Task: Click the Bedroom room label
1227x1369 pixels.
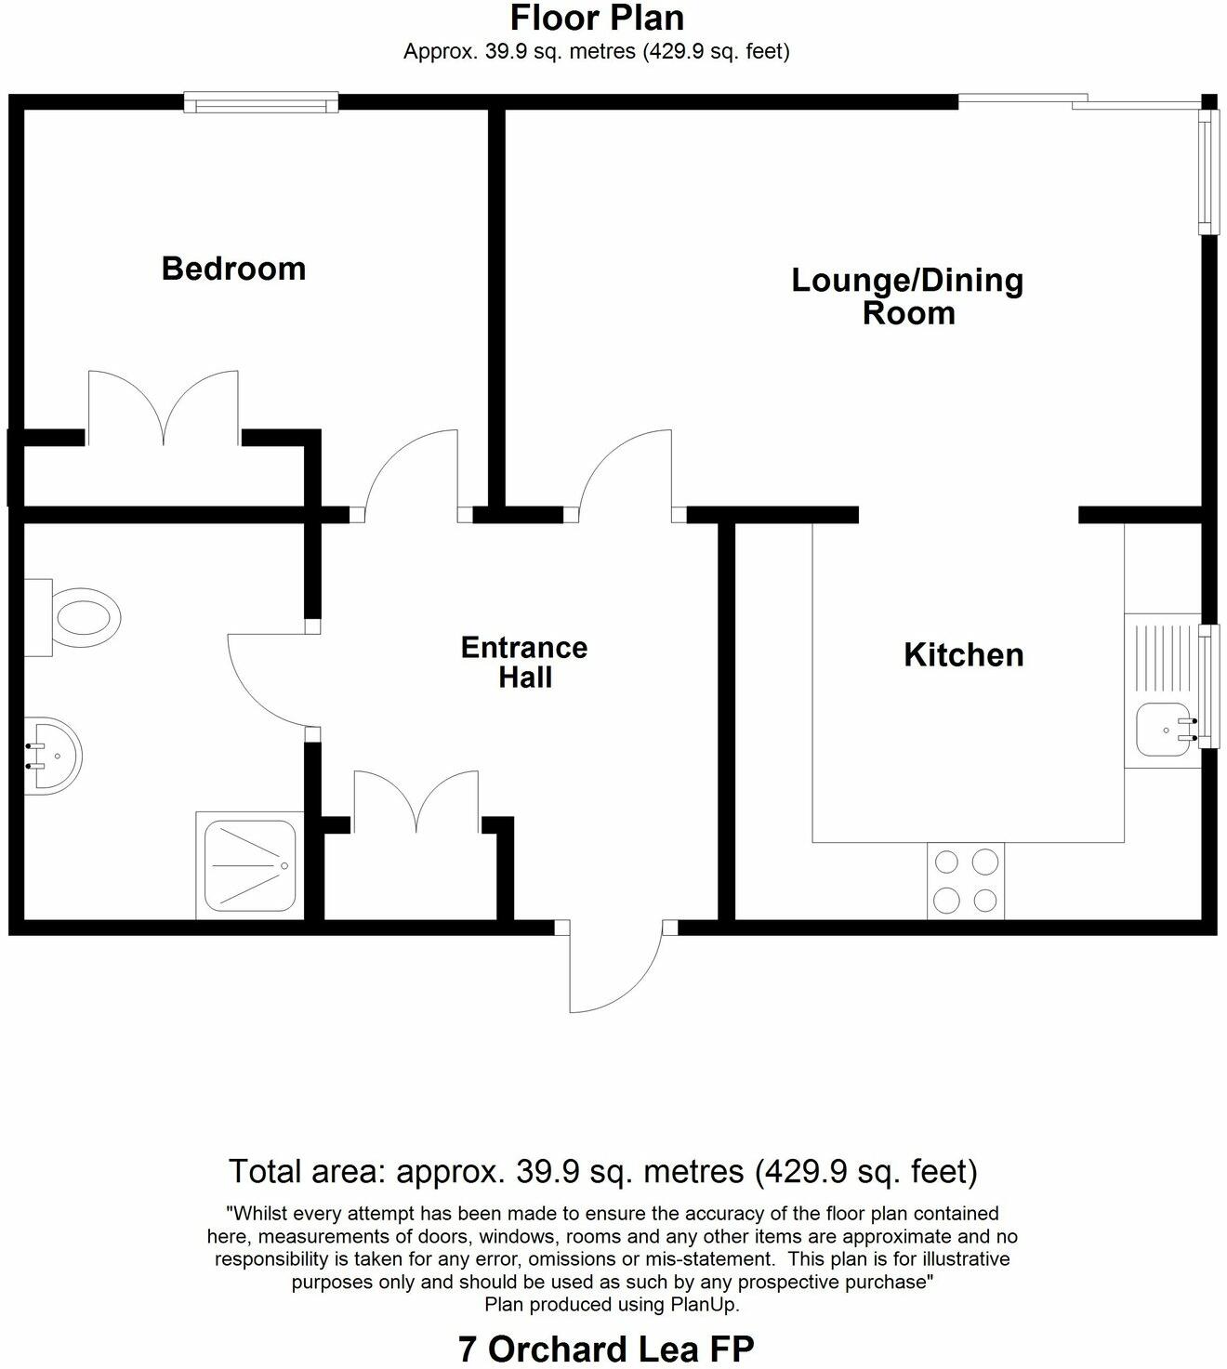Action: pos(233,269)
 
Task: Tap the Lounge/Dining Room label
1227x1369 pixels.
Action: pos(907,296)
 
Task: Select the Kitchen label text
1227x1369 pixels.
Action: pos(964,654)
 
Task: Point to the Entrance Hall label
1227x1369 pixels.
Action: pos(524,662)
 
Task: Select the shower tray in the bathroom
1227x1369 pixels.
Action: pos(248,865)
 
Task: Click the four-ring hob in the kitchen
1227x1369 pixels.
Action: pos(966,881)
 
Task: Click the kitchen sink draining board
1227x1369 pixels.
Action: pos(1161,658)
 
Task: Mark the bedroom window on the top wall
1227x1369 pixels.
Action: pos(260,102)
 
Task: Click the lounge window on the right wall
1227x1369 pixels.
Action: pos(1207,172)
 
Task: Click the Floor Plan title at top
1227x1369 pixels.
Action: pos(597,18)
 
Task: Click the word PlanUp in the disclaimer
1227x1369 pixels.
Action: pos(705,1304)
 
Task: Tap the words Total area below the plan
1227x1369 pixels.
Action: pos(306,1171)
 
